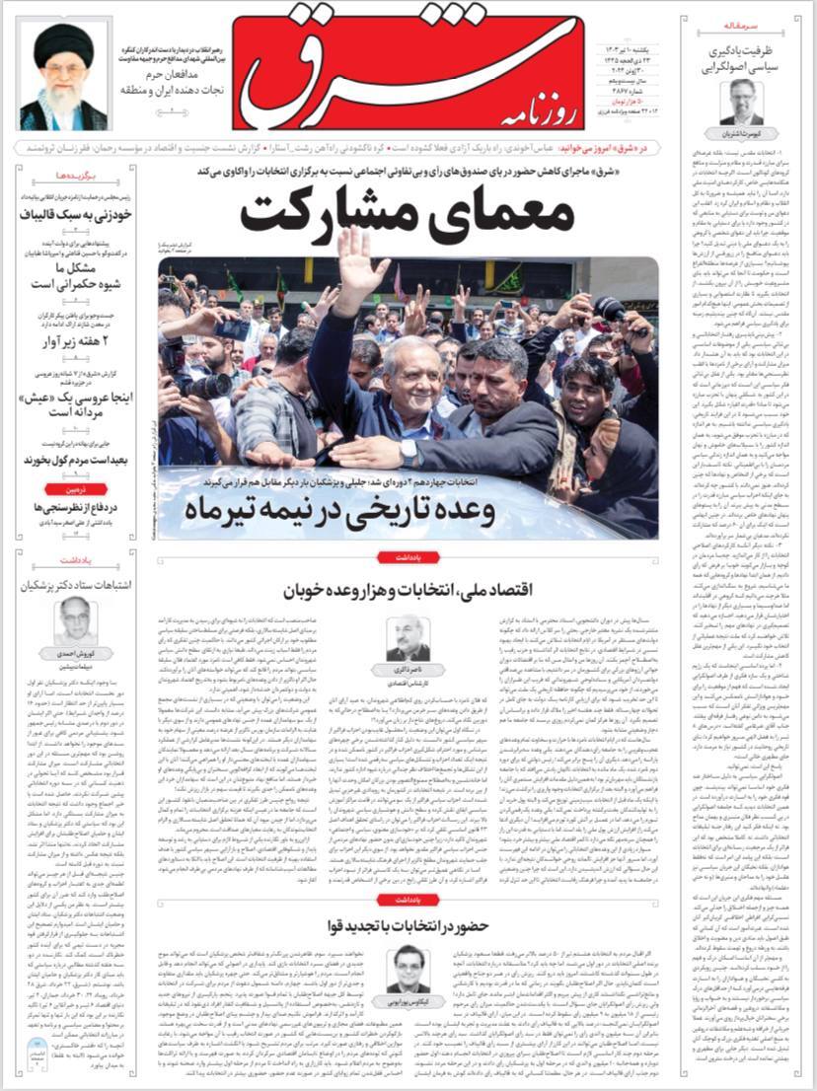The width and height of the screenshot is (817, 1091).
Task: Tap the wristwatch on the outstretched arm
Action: pos(408,452)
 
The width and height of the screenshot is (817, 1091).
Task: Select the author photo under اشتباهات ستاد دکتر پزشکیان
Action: pos(80,621)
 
